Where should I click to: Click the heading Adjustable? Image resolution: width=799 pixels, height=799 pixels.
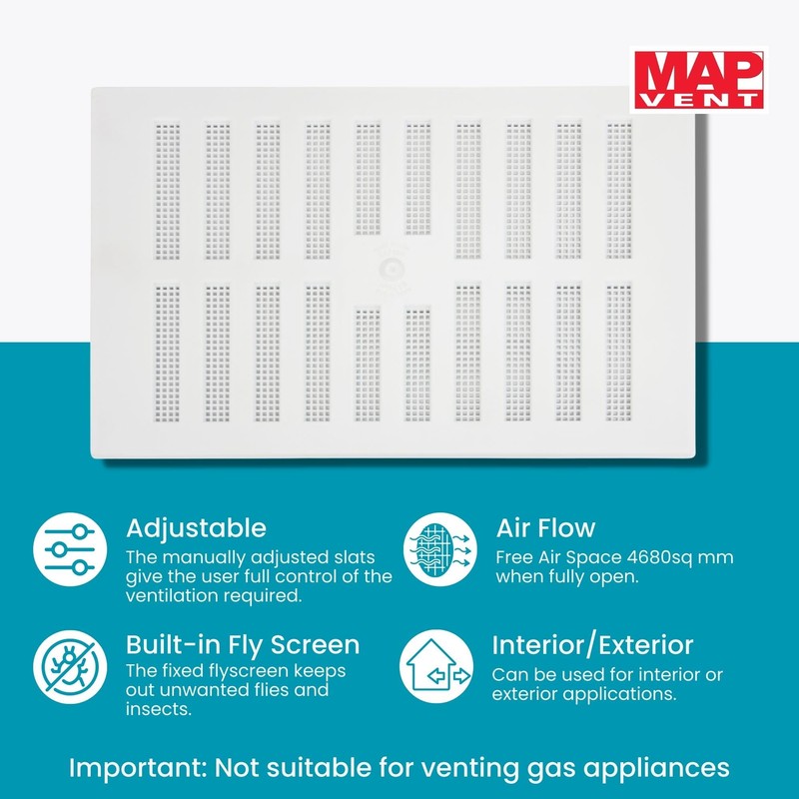196,527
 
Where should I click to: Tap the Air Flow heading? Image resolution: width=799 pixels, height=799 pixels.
545,527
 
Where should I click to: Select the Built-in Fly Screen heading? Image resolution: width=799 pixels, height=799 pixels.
243,644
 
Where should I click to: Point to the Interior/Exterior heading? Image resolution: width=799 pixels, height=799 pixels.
592,645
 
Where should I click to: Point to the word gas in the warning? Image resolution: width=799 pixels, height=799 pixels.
536,768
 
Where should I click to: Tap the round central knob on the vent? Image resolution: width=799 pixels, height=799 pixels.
393,266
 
